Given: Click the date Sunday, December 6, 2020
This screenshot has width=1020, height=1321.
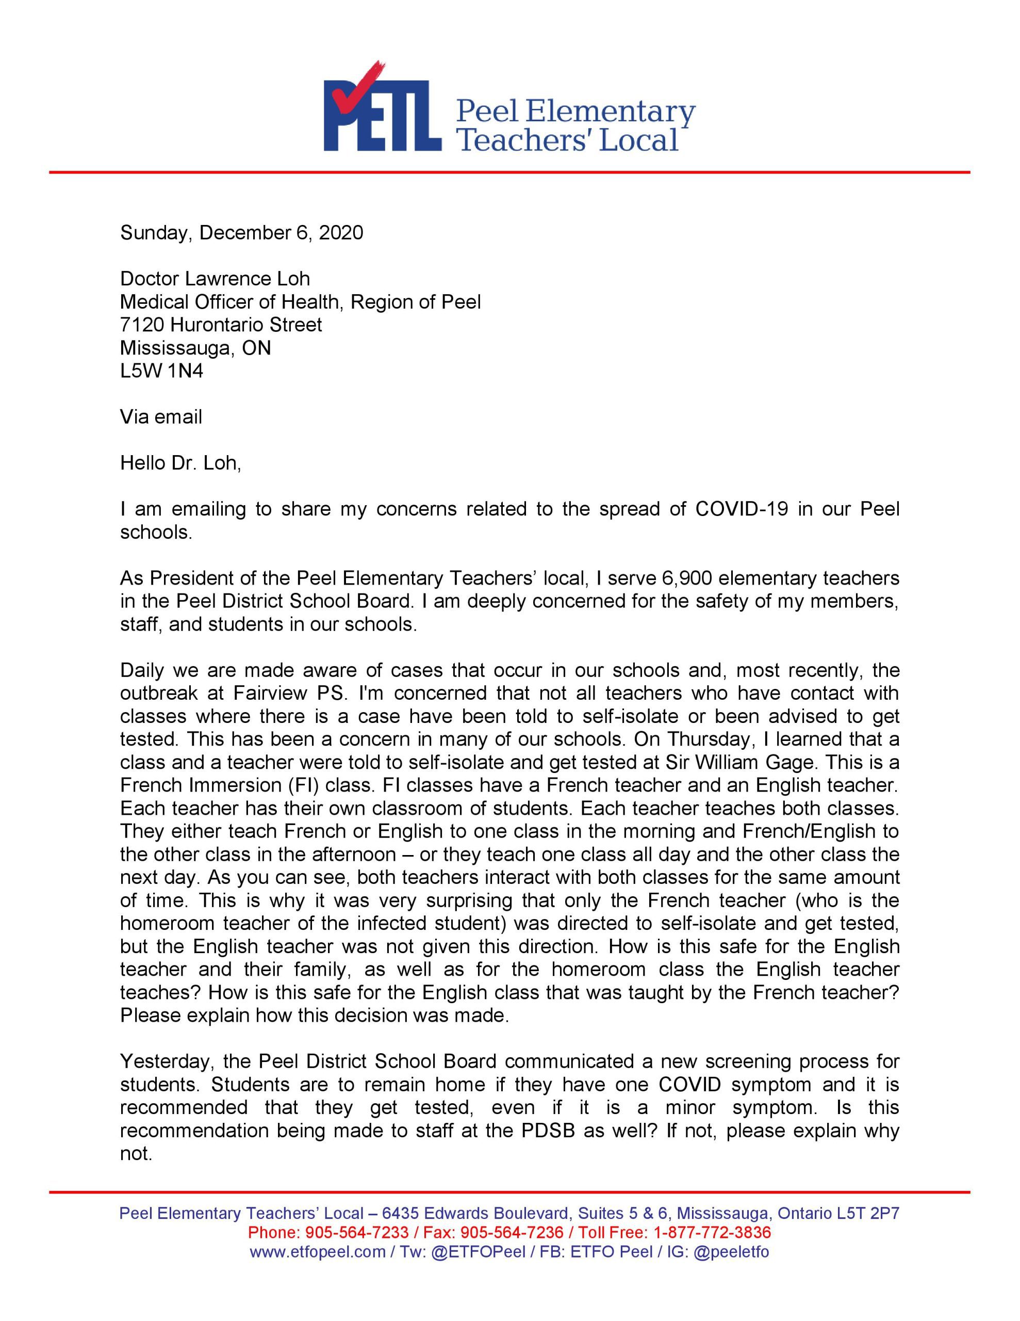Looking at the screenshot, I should pos(241,233).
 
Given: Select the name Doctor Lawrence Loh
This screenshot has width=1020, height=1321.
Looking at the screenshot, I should pos(215,279).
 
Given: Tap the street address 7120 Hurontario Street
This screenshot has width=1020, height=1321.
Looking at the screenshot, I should pos(221,325).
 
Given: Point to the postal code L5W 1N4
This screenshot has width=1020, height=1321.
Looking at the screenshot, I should pos(161,371).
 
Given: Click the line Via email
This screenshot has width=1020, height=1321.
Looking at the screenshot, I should pos(161,417).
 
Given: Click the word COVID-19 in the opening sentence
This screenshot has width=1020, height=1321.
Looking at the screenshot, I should pos(742,509).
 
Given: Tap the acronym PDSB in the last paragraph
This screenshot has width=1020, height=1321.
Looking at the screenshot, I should pos(547,1131).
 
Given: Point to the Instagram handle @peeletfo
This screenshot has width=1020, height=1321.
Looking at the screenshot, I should pos(731,1251).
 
